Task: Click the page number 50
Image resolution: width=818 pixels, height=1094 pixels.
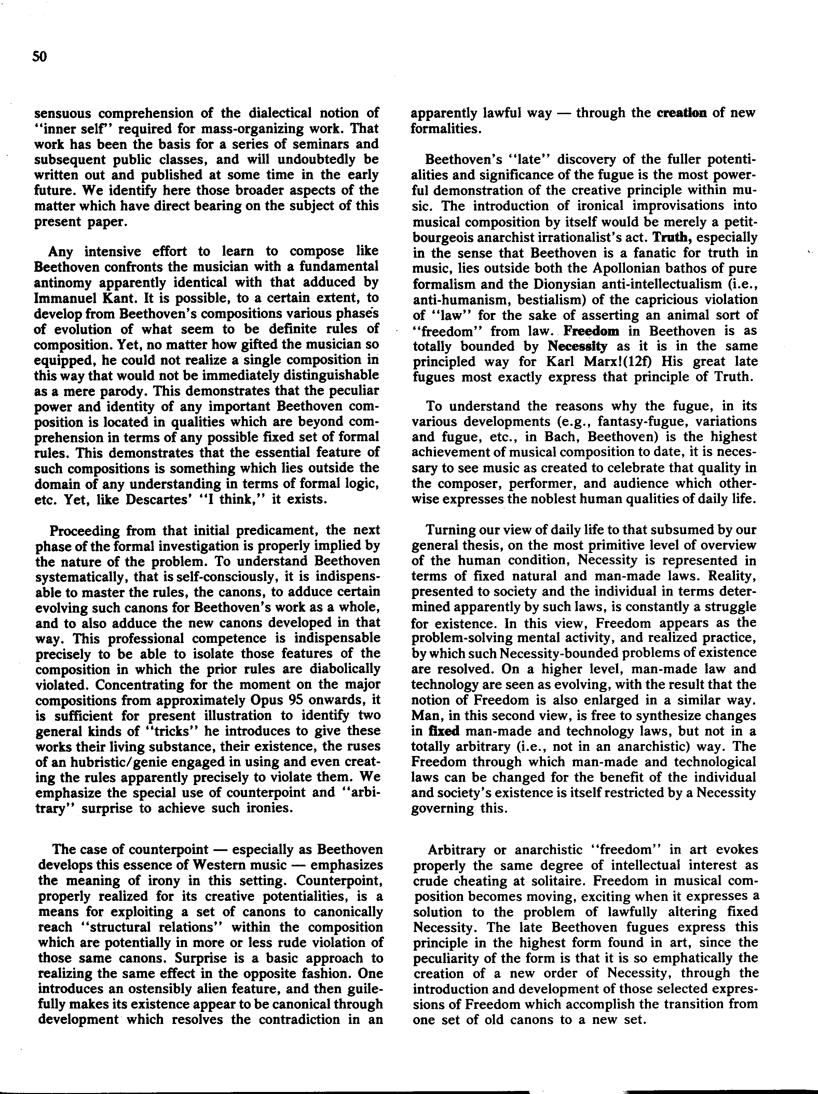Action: pos(40,57)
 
